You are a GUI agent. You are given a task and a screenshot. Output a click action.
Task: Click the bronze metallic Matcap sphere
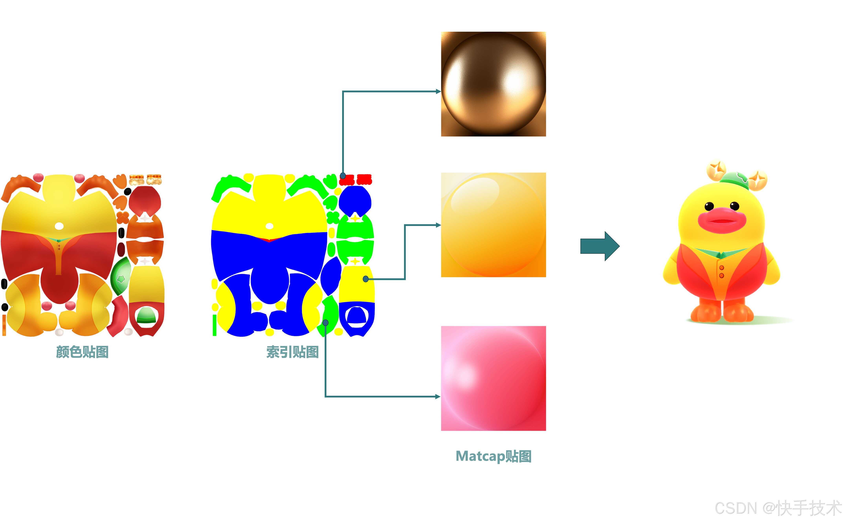click(x=493, y=84)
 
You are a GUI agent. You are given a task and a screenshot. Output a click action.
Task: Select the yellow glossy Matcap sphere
click(x=493, y=225)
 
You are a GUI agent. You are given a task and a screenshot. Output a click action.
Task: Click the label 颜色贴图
click(x=82, y=352)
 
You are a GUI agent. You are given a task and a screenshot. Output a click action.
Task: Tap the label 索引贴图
click(x=292, y=352)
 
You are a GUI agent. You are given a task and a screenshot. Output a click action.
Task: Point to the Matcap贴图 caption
click(x=493, y=456)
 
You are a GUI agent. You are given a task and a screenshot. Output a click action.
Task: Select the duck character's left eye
click(x=709, y=206)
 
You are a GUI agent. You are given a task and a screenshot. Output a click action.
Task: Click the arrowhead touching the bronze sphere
click(x=438, y=91)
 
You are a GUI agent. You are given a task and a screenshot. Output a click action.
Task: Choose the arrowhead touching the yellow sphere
click(x=438, y=225)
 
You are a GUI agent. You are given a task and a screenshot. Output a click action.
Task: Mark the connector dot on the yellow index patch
click(x=366, y=279)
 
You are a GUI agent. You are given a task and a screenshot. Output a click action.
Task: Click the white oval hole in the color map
click(x=59, y=226)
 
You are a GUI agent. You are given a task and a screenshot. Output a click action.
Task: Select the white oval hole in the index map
click(x=270, y=226)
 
